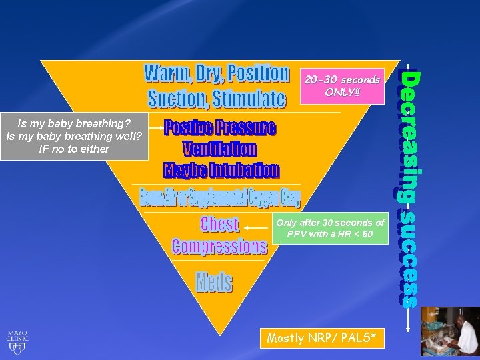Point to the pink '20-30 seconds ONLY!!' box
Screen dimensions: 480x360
tap(342, 85)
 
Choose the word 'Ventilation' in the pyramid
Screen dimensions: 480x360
tap(219, 148)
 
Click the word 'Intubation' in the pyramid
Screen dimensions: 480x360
tap(245, 170)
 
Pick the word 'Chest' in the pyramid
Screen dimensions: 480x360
tap(219, 224)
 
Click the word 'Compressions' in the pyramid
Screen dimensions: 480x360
tap(219, 246)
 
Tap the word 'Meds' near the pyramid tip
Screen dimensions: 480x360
tap(214, 282)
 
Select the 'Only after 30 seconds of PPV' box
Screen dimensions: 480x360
tap(330, 229)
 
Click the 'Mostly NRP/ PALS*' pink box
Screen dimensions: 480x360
tap(325, 339)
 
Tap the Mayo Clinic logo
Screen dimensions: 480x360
tap(17, 341)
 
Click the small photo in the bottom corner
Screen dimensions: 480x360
tap(450, 331)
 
